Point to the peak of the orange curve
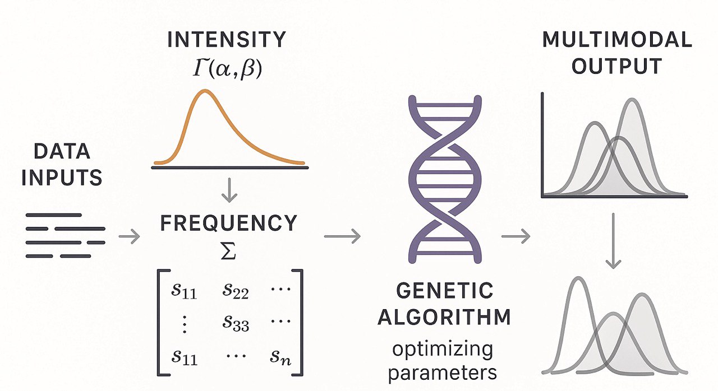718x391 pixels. coord(204,92)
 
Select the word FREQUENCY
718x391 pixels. coord(228,224)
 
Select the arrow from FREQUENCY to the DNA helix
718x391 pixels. coord(342,236)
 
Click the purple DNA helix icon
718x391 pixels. coord(444,179)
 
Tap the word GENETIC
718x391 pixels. coord(444,291)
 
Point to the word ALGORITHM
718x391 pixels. coord(444,317)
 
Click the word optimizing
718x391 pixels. coord(443,350)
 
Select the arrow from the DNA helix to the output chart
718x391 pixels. coord(515,236)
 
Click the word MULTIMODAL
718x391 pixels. coord(617,40)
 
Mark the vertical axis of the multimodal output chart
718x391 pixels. coord(542,146)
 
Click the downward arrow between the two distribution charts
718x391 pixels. coord(614,241)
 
